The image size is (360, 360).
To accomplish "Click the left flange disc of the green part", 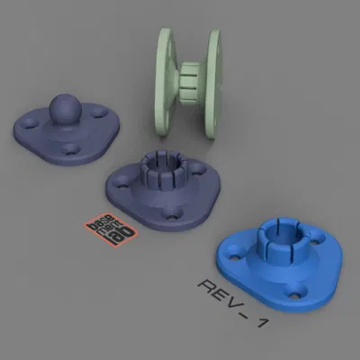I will pos(164,80).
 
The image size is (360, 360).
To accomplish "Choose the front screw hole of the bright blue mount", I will pos(292,292).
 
